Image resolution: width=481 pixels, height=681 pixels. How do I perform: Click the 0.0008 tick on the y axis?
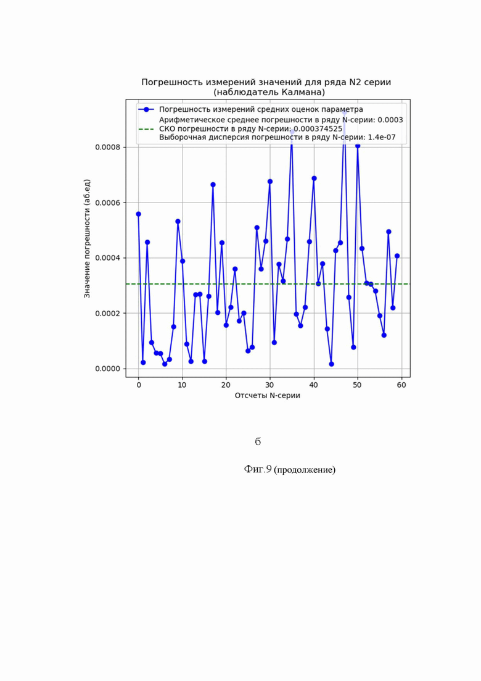[108, 147]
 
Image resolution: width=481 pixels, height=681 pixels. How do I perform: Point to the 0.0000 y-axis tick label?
[108, 369]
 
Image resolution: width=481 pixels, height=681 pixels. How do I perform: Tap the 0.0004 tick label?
[108, 258]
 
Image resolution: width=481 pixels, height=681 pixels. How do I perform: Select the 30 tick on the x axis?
[269, 385]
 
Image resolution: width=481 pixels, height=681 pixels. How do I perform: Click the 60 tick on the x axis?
[401, 385]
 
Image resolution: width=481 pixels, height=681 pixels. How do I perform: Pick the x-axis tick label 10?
[182, 385]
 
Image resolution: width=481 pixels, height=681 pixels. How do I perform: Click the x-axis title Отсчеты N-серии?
[267, 396]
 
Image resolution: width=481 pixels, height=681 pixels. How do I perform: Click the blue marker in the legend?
[146, 109]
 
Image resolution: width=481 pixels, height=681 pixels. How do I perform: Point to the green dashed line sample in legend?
[146, 129]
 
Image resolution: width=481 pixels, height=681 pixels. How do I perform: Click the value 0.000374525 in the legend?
[318, 129]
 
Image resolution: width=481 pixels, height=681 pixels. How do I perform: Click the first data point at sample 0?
[138, 214]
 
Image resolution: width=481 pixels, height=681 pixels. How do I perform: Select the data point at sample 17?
[213, 185]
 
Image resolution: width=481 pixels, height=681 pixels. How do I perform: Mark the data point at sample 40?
[314, 178]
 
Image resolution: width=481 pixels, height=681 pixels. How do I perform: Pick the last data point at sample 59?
[397, 256]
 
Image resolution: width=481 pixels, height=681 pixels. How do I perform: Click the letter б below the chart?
[258, 441]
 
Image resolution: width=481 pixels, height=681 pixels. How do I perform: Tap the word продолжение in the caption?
[305, 469]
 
